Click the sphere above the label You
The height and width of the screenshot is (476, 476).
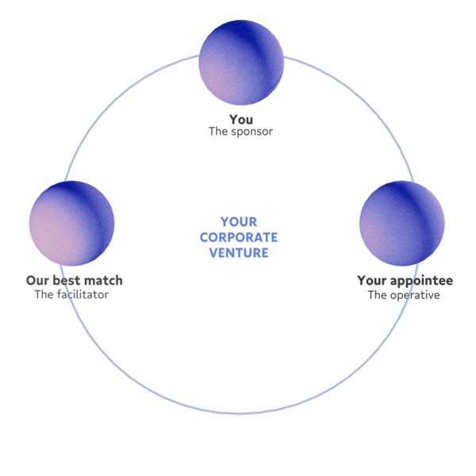241,62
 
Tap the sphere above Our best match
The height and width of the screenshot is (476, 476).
72,224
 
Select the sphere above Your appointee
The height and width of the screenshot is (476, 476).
401,224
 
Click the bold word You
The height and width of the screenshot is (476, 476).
241,120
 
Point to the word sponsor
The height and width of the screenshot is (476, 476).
251,132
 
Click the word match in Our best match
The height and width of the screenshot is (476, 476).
103,281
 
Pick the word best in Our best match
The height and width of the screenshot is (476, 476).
67,281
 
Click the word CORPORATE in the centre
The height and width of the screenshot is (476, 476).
239,238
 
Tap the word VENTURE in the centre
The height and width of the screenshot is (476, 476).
239,253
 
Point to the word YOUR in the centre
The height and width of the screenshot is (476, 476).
239,223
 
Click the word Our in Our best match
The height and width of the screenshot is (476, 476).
37,281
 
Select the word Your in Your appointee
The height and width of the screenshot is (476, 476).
373,281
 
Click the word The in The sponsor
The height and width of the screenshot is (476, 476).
218,132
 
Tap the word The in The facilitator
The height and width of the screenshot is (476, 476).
44,294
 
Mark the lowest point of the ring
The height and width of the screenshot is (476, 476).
238,413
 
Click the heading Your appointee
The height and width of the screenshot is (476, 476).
405,281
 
